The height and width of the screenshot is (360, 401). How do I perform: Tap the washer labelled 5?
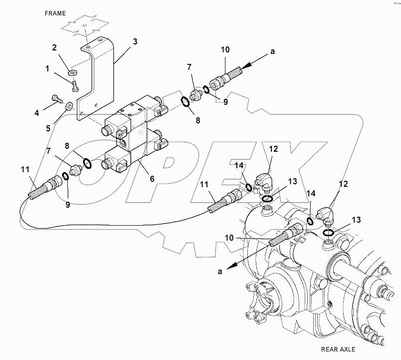pyautogui.click(x=69, y=105)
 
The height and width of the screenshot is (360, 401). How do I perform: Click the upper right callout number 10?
pyautogui.click(x=225, y=49)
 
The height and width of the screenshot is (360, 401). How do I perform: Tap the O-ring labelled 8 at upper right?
pyautogui.click(x=184, y=102)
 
